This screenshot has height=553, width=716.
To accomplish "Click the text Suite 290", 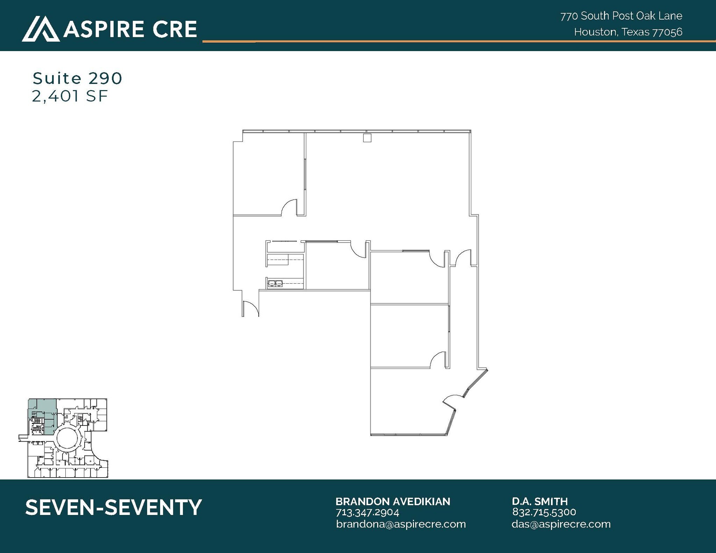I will (x=77, y=78).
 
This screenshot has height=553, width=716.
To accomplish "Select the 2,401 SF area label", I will (x=70, y=96).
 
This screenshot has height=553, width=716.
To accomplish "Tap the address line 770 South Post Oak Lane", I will (x=621, y=16).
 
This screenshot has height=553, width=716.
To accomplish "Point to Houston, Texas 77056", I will (x=628, y=32).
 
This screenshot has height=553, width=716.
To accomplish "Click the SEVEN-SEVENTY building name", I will (x=114, y=507).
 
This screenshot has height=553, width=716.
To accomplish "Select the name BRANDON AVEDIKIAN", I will (x=393, y=502).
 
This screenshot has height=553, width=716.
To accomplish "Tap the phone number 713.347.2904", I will (x=367, y=512).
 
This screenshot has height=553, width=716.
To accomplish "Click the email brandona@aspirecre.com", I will (x=401, y=524).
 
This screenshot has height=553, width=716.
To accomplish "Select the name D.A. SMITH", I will (x=540, y=502).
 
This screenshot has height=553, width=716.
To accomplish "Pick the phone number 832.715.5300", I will (x=544, y=512).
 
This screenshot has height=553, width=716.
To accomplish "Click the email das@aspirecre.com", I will (x=561, y=524).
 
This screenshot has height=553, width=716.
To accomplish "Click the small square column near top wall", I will (x=367, y=138).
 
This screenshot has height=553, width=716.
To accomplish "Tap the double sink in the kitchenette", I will (x=275, y=283).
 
